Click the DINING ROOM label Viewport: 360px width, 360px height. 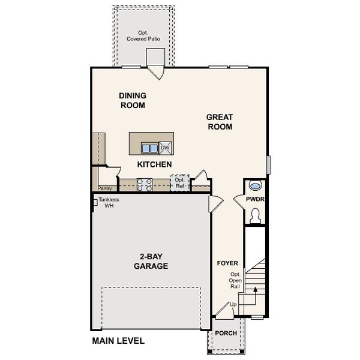(x=132, y=100)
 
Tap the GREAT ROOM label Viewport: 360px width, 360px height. (x=220, y=122)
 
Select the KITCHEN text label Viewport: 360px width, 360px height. (x=154, y=164)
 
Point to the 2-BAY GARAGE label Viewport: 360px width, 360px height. (x=151, y=262)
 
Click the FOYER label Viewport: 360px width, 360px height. (x=227, y=263)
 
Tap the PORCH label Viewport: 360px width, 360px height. (x=225, y=334)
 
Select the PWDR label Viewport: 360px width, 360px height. (x=255, y=199)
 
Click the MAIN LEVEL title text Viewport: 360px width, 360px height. (x=118, y=341)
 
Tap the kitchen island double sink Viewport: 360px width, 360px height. (x=149, y=148)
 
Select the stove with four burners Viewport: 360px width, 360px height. (x=145, y=185)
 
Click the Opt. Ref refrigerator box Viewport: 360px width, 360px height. (x=179, y=183)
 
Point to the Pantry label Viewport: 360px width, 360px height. (x=106, y=188)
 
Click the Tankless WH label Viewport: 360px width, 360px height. (x=109, y=203)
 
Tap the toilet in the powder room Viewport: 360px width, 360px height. (x=255, y=215)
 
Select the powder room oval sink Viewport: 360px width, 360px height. (x=255, y=185)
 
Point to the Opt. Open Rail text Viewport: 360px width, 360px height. (x=235, y=280)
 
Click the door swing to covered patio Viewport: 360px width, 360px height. (x=156, y=73)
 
